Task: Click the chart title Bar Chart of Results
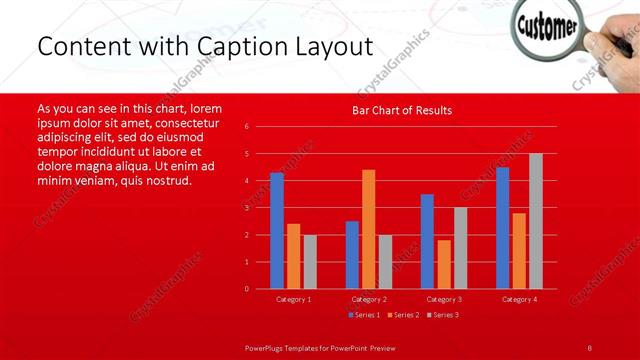click(401, 110)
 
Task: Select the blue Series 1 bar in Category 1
click(277, 231)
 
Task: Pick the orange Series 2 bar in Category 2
click(368, 229)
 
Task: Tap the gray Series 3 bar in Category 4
click(535, 221)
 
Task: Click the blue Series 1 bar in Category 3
click(427, 241)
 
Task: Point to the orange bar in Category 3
click(443, 264)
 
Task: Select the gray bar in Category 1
click(310, 262)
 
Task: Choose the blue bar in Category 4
click(502, 228)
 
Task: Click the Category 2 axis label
click(368, 299)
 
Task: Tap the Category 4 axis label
click(519, 299)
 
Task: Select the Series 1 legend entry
click(364, 315)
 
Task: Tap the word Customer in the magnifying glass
click(546, 24)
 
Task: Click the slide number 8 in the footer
click(590, 347)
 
